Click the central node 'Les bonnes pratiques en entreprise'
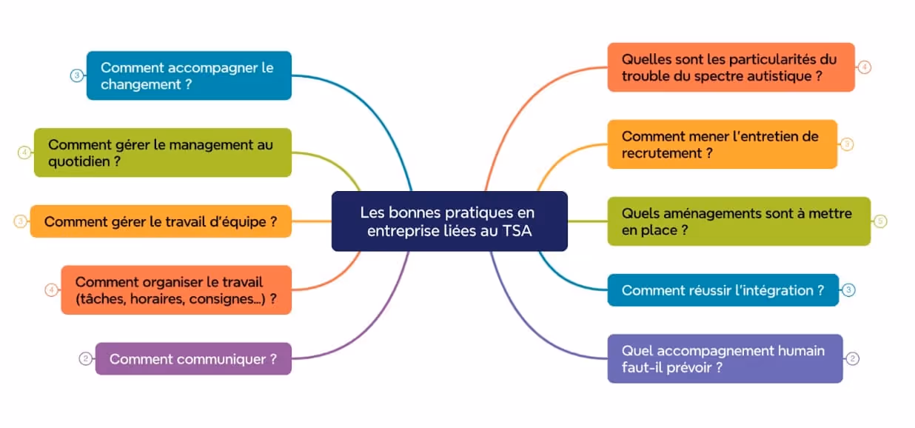[449, 221]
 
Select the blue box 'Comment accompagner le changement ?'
[189, 76]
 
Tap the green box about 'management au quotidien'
[163, 153]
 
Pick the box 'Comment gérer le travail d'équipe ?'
[161, 221]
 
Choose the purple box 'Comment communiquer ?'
[193, 359]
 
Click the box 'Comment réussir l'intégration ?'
[723, 290]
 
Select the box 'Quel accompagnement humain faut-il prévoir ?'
[725, 358]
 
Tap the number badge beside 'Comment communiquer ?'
[85, 359]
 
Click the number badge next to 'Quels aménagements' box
[880, 221]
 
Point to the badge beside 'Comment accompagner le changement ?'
[76, 76]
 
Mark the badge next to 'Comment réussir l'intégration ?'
[849, 290]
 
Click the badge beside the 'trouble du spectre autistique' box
[864, 67]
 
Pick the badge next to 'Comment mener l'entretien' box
[847, 144]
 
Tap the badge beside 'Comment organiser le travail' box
[51, 290]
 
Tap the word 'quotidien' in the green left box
[80, 161]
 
